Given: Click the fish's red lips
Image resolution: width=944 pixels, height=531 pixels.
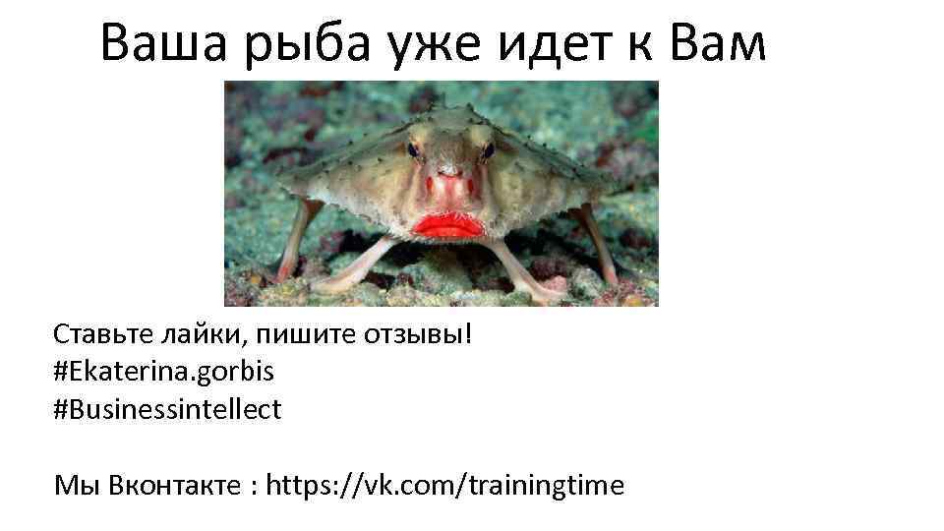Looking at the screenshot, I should coord(448,225).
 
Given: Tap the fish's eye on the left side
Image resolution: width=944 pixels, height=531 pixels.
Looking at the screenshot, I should coord(414,149).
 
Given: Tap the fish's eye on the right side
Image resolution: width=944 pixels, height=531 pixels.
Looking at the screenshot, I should coord(488,149).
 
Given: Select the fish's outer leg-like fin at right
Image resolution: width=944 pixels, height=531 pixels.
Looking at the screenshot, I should coord(599,241).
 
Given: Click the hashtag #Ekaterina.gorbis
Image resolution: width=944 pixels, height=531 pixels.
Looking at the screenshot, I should coord(164,373).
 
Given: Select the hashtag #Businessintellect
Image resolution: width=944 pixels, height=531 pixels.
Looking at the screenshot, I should coord(168,409).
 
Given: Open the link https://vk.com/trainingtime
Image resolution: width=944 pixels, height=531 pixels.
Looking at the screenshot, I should coord(445,485).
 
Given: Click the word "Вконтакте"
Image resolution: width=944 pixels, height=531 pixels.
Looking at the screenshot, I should coord(173,485).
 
